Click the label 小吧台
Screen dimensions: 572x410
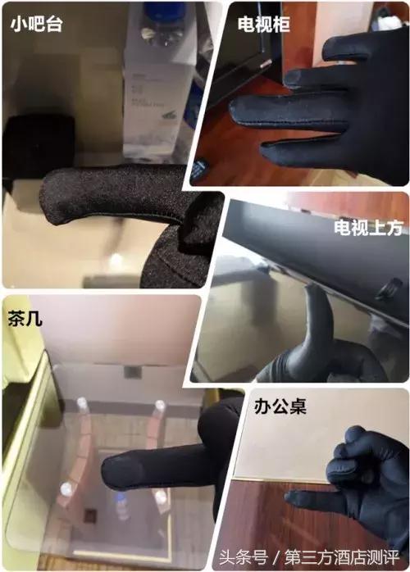[37, 24]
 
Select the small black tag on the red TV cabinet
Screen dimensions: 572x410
[198, 170]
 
